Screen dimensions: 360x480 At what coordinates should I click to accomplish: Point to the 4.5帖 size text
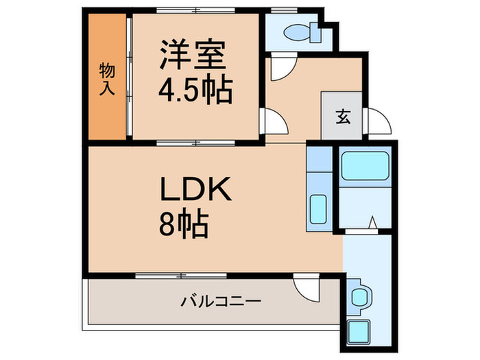tap(195, 89)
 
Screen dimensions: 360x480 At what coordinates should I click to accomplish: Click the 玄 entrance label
tap(342, 116)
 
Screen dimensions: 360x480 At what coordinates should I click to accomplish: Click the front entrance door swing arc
tap(378, 123)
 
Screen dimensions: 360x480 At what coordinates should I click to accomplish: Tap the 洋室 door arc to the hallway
tap(276, 123)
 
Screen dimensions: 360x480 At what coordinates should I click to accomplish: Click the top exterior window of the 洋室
tap(195, 11)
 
